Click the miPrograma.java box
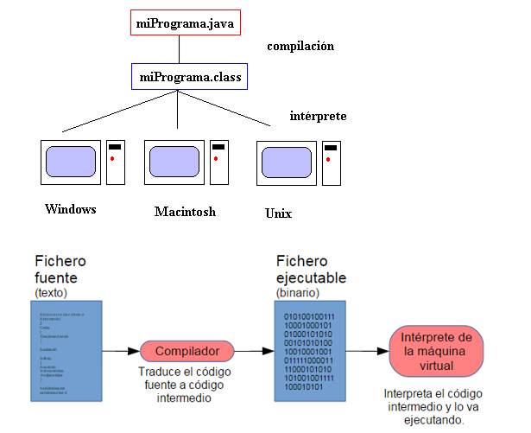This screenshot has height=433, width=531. [179, 22]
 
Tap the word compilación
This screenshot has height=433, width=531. [300, 46]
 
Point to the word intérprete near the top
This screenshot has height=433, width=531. [319, 115]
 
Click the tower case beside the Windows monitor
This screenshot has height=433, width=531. [116, 162]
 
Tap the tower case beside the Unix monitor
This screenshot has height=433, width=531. [330, 162]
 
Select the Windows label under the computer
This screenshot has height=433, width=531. [70, 210]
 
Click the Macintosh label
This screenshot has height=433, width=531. [185, 212]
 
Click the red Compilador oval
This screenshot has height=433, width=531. [186, 352]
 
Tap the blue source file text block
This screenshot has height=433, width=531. [66, 351]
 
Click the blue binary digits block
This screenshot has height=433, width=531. [310, 351]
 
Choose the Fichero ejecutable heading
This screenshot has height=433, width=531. [311, 270]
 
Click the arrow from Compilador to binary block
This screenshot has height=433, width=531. [254, 352]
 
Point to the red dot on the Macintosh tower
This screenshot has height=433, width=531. [218, 159]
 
